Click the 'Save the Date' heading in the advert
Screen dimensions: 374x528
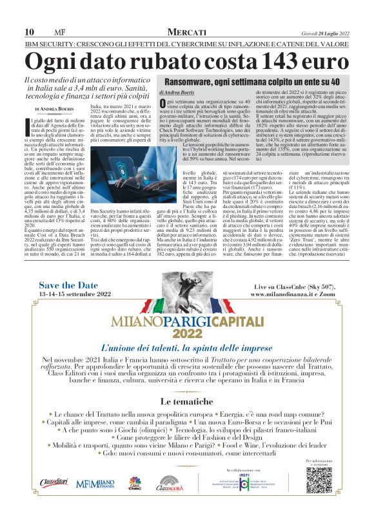click(x=69, y=285)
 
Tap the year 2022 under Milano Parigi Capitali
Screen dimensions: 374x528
click(x=187, y=334)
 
